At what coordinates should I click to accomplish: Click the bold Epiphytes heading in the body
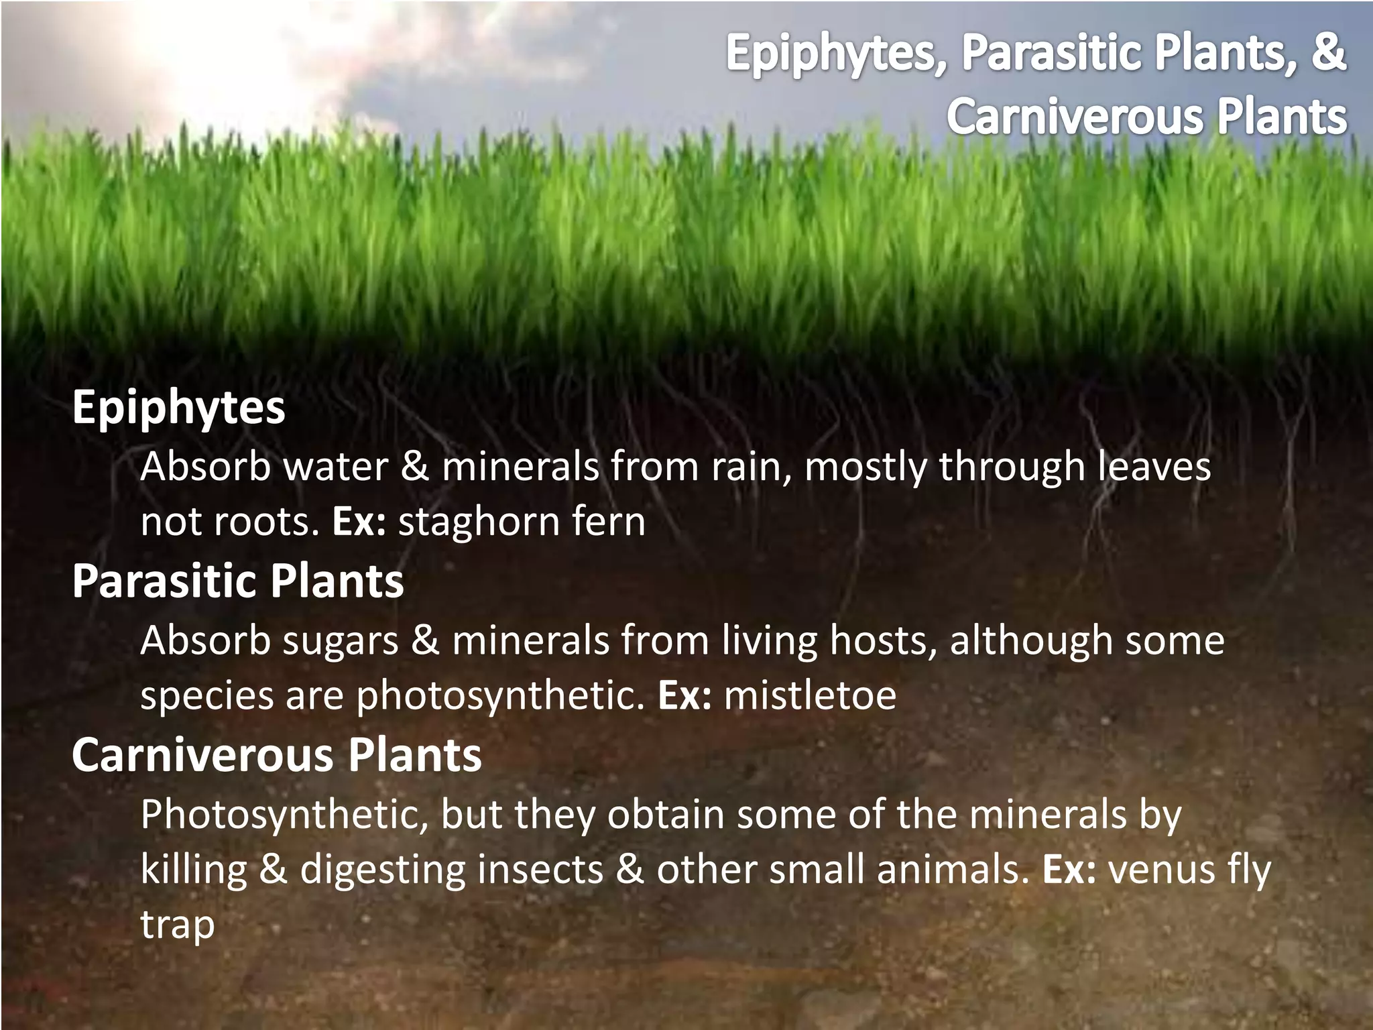(x=178, y=407)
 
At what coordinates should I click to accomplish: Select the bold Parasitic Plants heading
(x=238, y=581)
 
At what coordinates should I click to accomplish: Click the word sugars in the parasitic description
(x=340, y=641)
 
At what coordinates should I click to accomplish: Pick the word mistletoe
(x=810, y=695)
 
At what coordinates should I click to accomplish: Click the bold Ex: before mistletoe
(x=684, y=695)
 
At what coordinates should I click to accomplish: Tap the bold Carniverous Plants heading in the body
(x=276, y=755)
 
